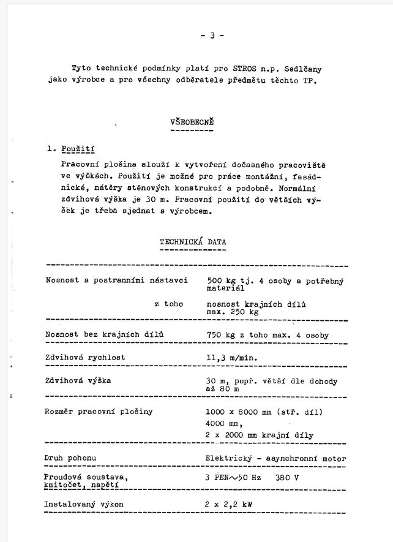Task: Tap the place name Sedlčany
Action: pos(302,68)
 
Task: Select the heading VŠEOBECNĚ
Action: pos(192,122)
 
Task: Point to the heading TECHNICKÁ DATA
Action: pos(193,242)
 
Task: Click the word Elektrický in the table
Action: pos(230,458)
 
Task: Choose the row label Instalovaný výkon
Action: pos(83,505)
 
